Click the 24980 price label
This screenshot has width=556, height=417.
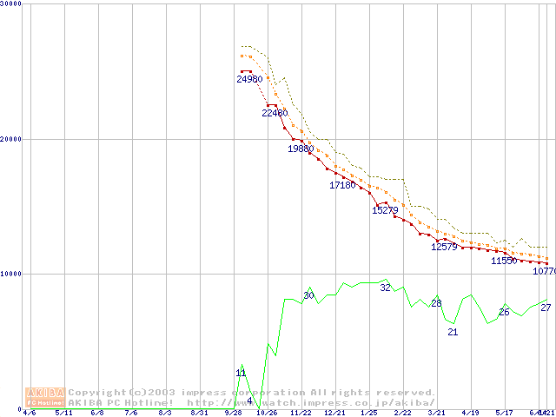[x=249, y=79]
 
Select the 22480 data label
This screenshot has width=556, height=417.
[x=275, y=113]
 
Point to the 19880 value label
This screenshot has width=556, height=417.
[x=301, y=149]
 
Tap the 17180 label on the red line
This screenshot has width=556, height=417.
[x=342, y=185]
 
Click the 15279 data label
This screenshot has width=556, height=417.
[x=385, y=210]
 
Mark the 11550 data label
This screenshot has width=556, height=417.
[x=504, y=261]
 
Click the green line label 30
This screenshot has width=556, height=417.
[x=308, y=295]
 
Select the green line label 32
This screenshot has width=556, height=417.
[x=385, y=288]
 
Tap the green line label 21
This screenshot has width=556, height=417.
[x=453, y=332]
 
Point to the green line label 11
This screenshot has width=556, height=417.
[x=242, y=373]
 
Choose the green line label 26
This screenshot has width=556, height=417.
[x=504, y=312]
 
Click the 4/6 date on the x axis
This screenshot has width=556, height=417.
[x=29, y=413]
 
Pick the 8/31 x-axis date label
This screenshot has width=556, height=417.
[x=198, y=413]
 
